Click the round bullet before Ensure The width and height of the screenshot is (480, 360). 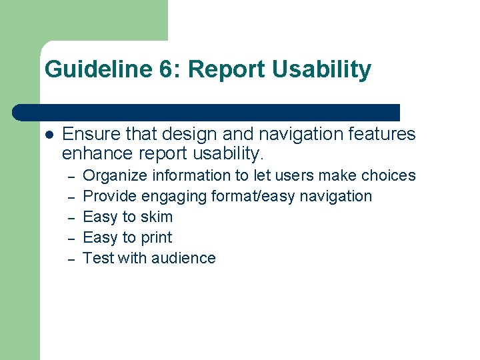[49, 135]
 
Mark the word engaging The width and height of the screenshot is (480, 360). [174, 197]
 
